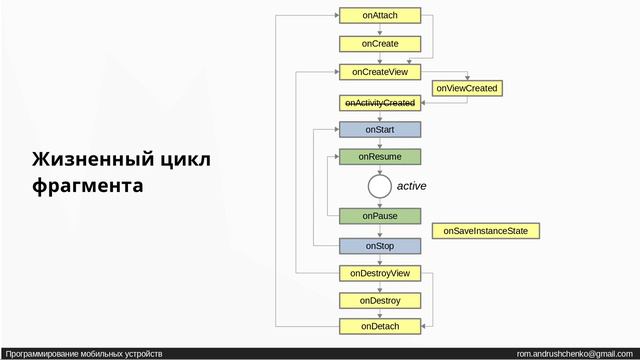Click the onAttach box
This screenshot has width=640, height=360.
pos(380,15)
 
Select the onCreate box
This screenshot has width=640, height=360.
pos(380,44)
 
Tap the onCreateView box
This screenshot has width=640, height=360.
pos(380,72)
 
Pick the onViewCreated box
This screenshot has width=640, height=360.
pos(466,88)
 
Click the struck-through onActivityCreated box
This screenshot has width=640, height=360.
pos(380,103)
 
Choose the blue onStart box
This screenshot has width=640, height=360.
pos(380,129)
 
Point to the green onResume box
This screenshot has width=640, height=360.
pos(380,157)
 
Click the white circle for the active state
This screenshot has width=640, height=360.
pos(379,186)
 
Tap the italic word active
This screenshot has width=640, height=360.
pos(412,186)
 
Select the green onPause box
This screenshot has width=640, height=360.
pos(380,216)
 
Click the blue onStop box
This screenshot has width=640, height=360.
pos(380,246)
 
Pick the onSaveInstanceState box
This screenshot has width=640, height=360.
pos(485,231)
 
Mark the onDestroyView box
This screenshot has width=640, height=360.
pos(380,273)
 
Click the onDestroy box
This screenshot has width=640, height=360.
pos(380,300)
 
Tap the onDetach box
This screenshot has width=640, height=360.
pos(380,326)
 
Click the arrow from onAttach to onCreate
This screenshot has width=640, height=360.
pos(380,30)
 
